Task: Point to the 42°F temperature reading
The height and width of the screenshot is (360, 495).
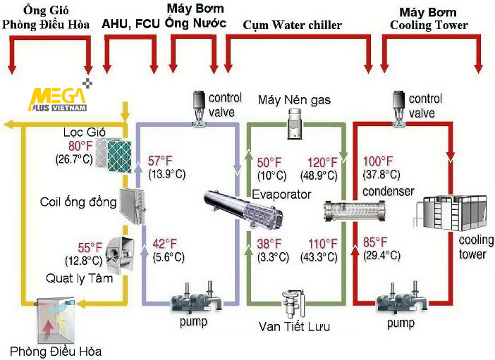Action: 164,244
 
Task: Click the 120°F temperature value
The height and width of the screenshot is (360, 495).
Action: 322,161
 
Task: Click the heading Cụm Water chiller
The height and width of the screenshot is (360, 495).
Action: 292,25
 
